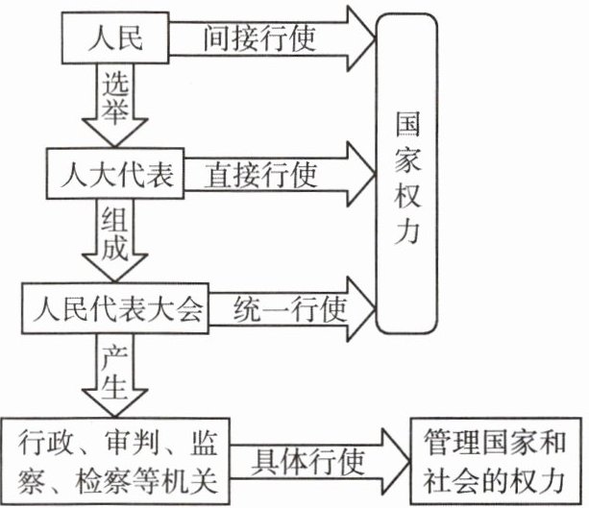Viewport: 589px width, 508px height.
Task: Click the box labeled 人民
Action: pyautogui.click(x=116, y=39)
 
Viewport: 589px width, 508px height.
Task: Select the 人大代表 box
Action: pyautogui.click(x=115, y=174)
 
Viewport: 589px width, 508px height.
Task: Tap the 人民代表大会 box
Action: pyautogui.click(x=116, y=309)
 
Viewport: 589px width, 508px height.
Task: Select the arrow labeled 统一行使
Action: pyautogui.click(x=288, y=309)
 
